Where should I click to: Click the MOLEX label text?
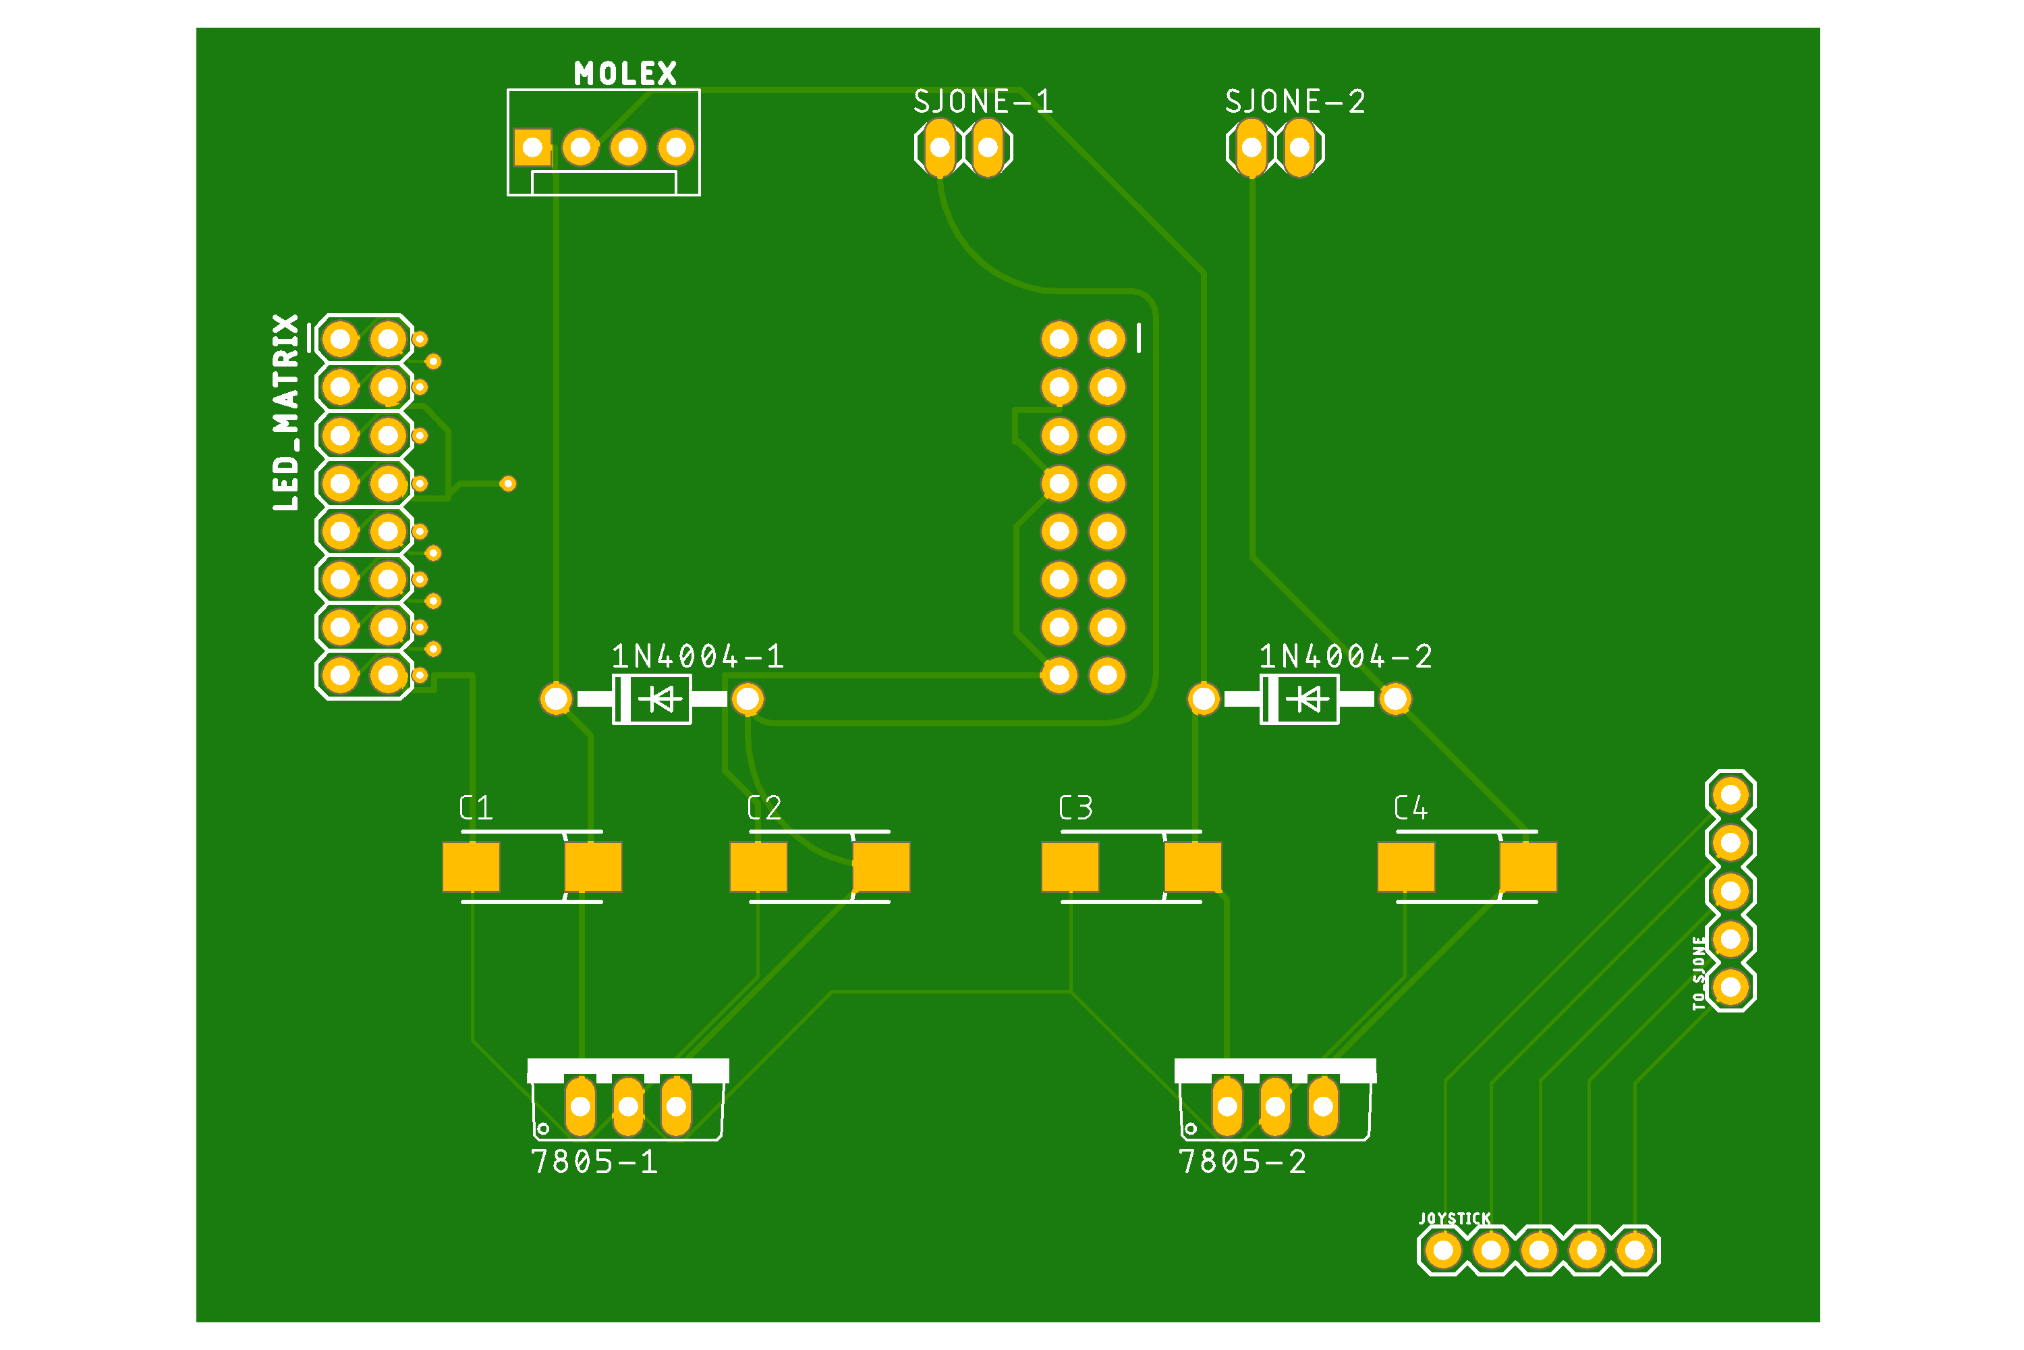point(625,73)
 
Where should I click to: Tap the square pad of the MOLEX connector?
point(533,147)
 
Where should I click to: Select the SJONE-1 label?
point(983,102)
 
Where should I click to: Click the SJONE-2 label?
point(1295,102)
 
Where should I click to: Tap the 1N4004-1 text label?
point(697,657)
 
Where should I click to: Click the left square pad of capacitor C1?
point(471,867)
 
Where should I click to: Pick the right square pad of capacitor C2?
point(881,867)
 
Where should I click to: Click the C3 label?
point(1075,807)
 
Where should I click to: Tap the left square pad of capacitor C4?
point(1406,867)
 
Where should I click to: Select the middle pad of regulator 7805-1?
point(628,1106)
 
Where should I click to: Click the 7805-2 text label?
point(1242,1162)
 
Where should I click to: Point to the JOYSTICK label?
point(1455,1218)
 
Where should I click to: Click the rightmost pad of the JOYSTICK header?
point(1635,1250)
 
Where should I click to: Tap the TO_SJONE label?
point(1698,973)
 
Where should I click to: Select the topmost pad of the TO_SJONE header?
point(1731,794)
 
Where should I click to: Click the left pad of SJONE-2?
point(1252,147)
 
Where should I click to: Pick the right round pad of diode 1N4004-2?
point(1395,699)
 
